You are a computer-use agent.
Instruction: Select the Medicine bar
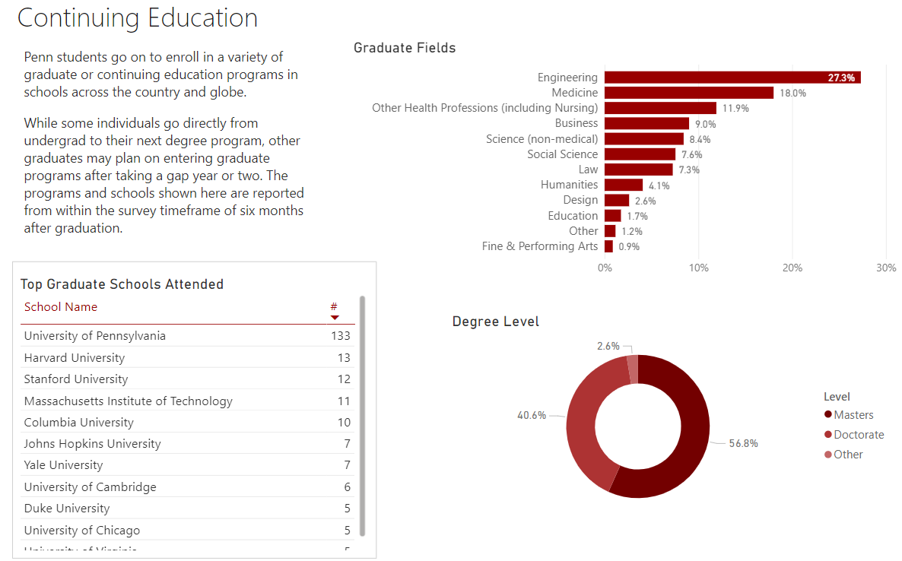(x=688, y=93)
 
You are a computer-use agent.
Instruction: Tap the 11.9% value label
(x=735, y=109)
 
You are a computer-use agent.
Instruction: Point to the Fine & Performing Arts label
(x=540, y=246)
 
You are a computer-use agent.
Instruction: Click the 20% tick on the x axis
(x=792, y=268)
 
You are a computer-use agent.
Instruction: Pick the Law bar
(x=638, y=170)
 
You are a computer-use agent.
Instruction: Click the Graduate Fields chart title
(x=405, y=48)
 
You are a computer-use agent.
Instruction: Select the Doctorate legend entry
(x=859, y=435)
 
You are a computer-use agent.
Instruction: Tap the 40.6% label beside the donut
(x=532, y=416)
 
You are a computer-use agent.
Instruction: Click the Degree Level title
(x=495, y=322)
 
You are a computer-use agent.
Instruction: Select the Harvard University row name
(x=75, y=358)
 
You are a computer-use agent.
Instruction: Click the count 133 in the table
(x=341, y=336)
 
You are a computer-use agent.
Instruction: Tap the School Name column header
(x=61, y=307)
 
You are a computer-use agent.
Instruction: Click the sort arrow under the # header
(x=335, y=317)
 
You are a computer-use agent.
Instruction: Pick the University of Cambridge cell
(x=91, y=487)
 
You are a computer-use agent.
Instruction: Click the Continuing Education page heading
(x=138, y=18)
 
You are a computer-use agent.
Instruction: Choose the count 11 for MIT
(x=344, y=401)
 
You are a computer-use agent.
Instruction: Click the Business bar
(x=646, y=123)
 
